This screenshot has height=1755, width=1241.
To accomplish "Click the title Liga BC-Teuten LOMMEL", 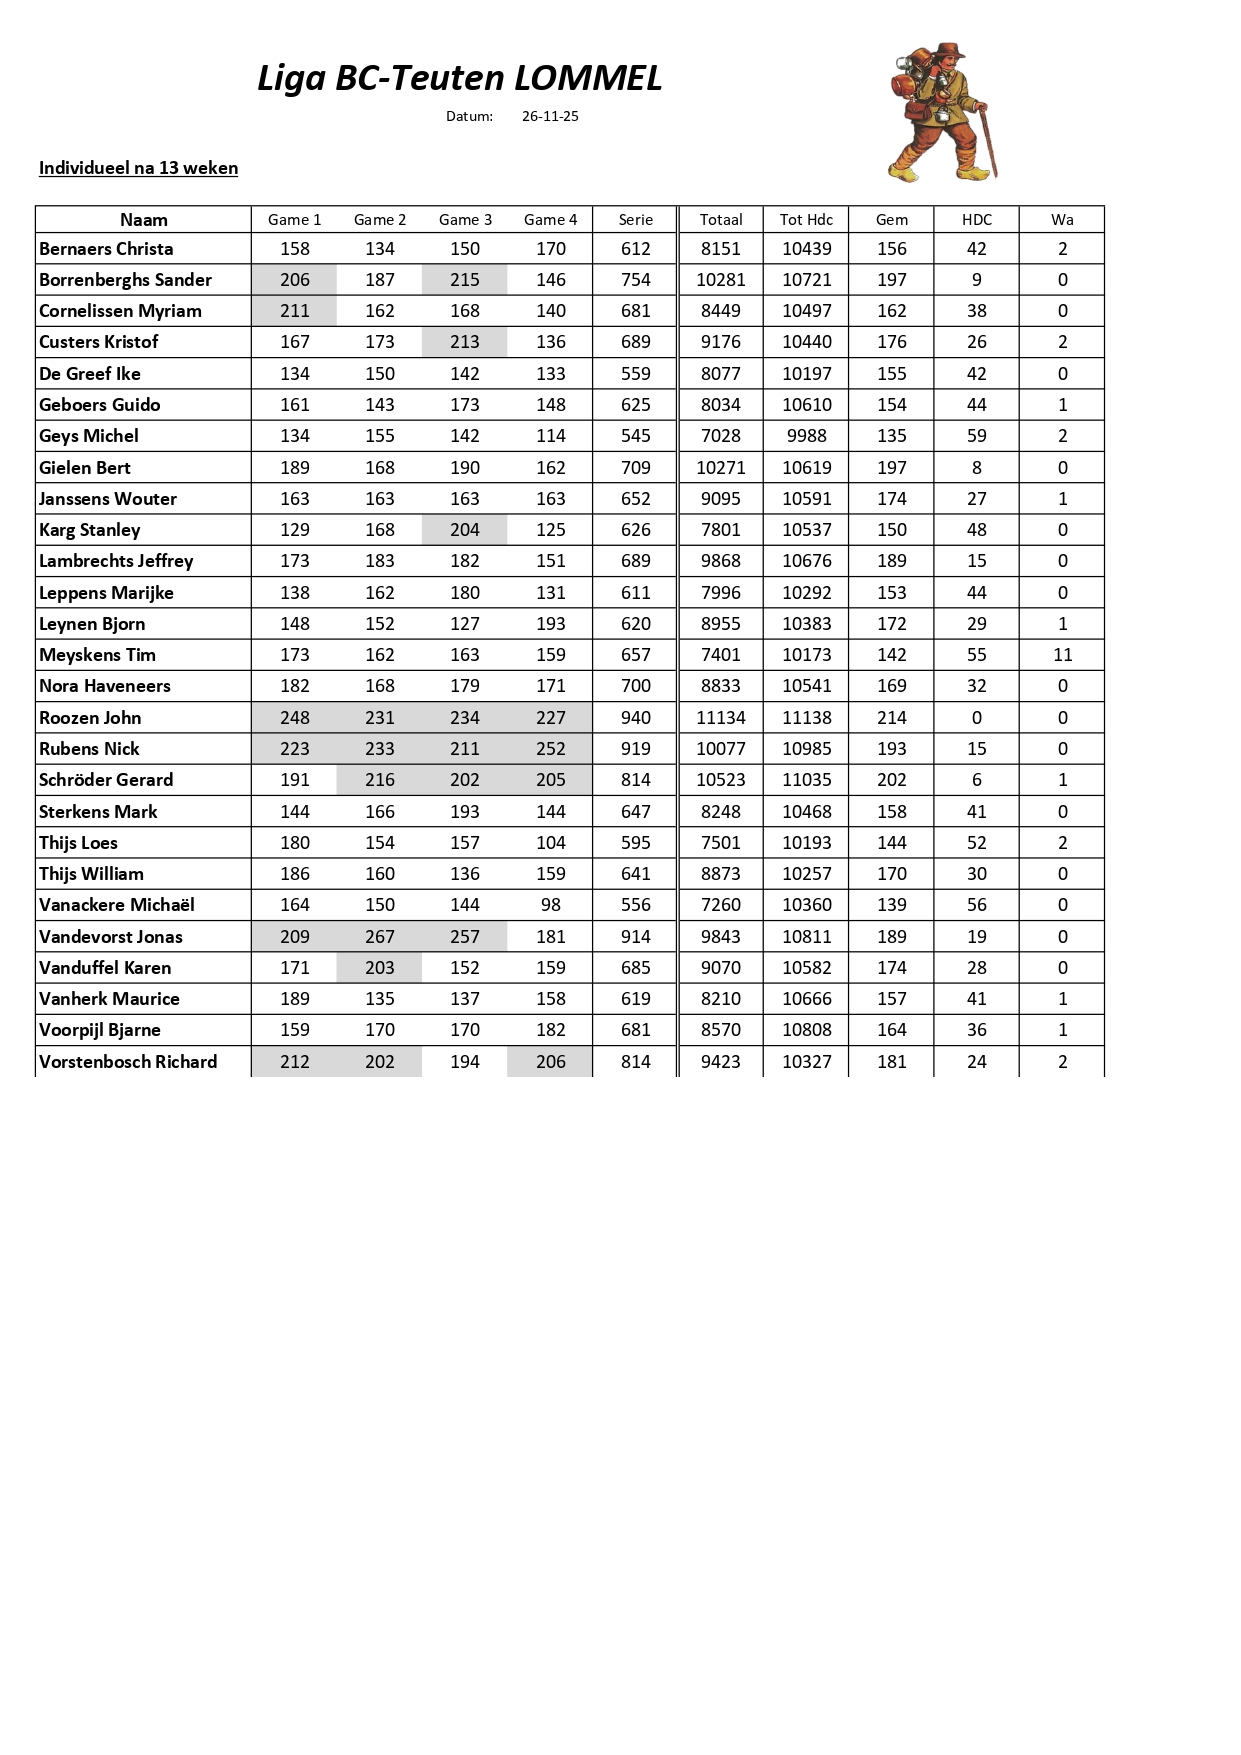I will (459, 78).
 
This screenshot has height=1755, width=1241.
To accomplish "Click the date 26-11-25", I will (550, 116).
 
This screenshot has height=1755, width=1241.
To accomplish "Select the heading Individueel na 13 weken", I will (138, 168).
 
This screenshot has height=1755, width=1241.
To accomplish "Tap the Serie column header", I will (635, 220).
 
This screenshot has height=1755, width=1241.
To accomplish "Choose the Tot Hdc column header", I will (806, 220).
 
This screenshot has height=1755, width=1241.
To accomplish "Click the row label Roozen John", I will (90, 718).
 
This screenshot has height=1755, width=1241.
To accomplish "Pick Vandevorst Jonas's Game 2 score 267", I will (380, 937).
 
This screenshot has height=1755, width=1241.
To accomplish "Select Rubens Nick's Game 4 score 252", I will (550, 749).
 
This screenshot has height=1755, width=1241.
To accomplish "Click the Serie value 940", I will (635, 718).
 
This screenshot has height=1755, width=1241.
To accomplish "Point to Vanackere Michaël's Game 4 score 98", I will (550, 905).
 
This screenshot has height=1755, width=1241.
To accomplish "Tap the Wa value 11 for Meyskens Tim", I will (1062, 655).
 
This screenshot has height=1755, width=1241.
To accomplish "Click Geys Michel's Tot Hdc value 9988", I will (806, 436).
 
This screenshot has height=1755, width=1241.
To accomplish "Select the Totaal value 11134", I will (720, 718).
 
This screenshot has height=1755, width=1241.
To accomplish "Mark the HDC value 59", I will (976, 436).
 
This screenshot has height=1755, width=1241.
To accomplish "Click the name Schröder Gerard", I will (106, 780).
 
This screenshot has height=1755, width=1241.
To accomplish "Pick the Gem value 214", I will (891, 718).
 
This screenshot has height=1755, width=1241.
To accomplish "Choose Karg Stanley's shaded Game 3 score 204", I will (465, 530).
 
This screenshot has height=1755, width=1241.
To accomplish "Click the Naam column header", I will (143, 220).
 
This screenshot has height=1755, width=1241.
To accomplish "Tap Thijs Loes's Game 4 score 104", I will (550, 843).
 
